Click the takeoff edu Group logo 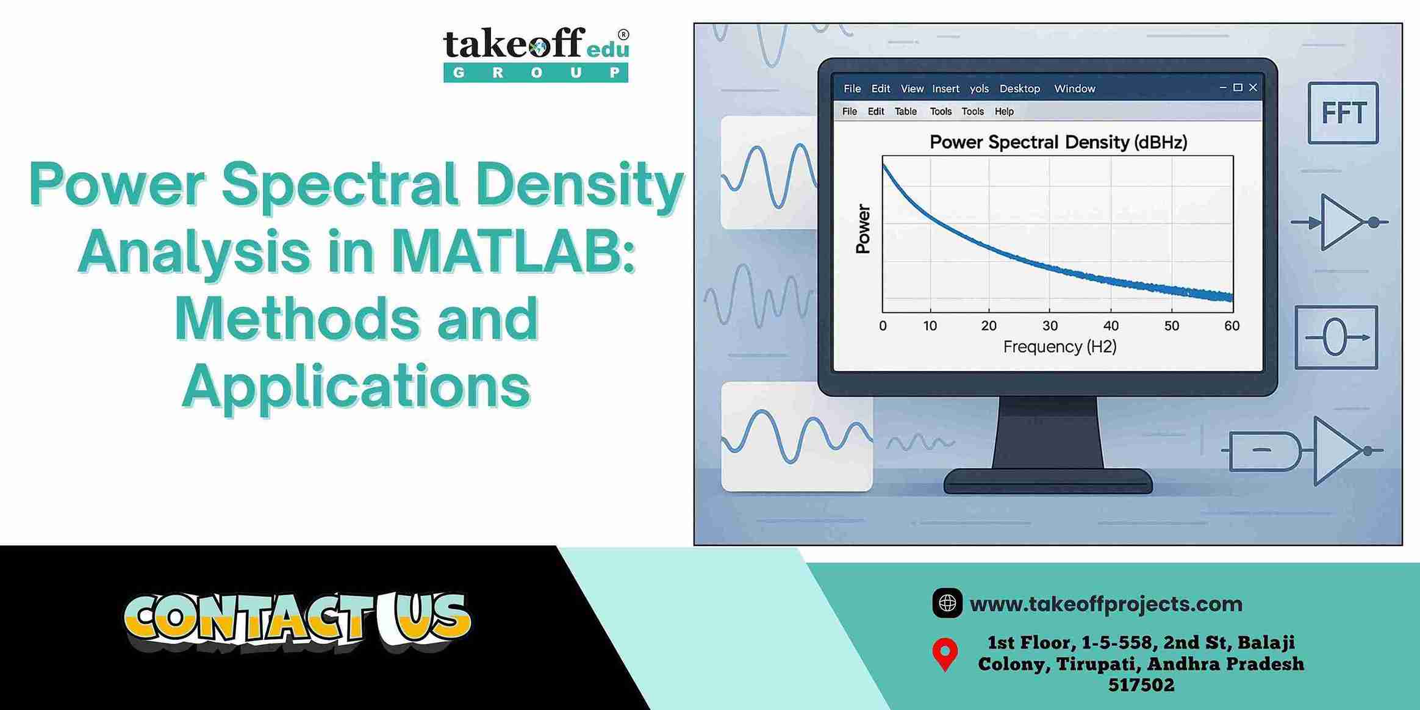tap(536, 54)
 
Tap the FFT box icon tap(1343, 113)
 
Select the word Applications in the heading tap(356, 386)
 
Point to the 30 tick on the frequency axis tap(1050, 326)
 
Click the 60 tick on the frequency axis tap(1232, 326)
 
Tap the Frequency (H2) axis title tap(1060, 347)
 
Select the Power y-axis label tap(862, 229)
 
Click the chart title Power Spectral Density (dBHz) tap(1058, 142)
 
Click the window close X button tap(1253, 88)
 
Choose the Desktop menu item tap(1019, 88)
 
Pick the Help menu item tap(1004, 111)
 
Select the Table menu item tap(905, 111)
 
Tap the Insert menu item tap(945, 88)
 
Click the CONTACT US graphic tap(298, 621)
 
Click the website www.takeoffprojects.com tap(1106, 604)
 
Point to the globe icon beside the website tap(947, 603)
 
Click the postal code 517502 tap(1141, 685)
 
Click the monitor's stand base tap(1048, 481)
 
